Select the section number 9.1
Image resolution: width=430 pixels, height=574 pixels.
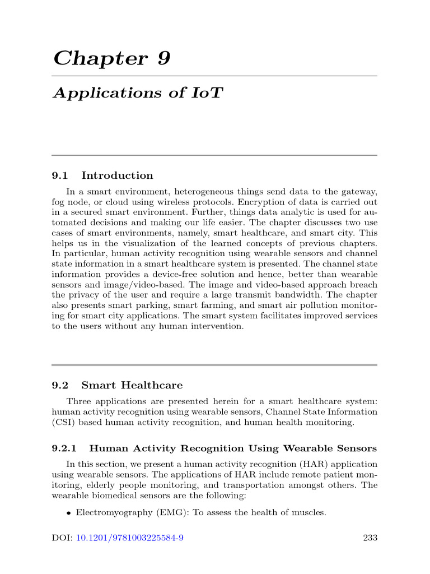click(59, 176)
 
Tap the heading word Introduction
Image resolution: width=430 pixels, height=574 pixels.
click(117, 176)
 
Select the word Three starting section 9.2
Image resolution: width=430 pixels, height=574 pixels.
click(78, 401)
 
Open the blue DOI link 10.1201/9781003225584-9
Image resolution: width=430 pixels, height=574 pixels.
click(130, 539)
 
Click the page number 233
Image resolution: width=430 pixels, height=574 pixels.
click(370, 539)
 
